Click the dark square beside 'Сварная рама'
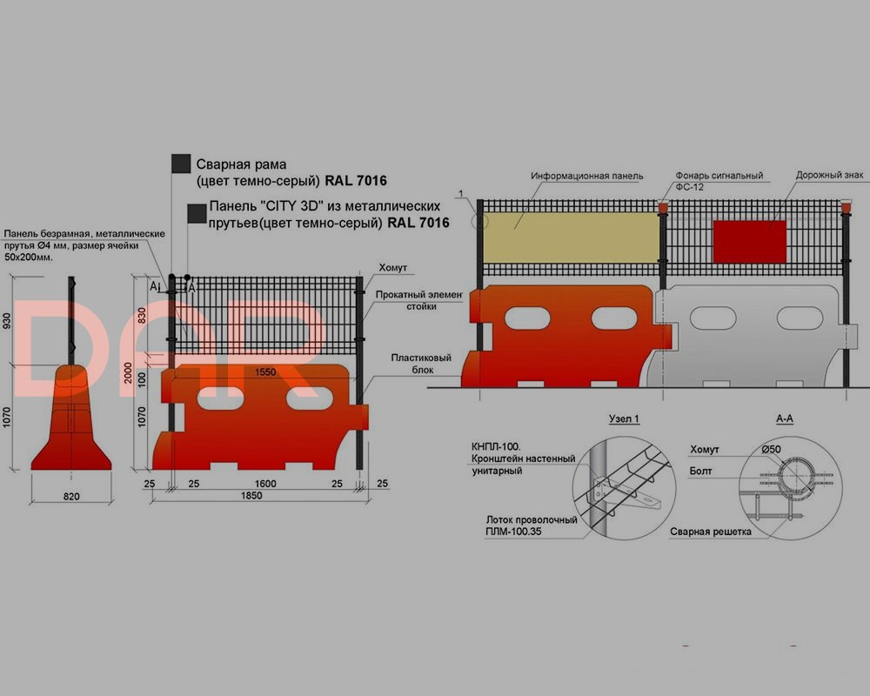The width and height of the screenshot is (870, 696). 181,164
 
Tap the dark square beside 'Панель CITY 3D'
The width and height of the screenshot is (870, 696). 197,214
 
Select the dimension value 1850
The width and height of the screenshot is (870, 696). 251,495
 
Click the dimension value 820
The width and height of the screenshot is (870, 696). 71,496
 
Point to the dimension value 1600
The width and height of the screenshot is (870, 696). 265,484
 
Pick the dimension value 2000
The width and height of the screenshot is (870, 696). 128,372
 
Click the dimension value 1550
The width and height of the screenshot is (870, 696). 265,371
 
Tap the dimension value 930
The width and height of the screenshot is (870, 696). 7,321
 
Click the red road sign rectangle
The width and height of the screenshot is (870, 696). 750,242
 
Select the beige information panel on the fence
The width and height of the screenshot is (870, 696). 571,238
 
